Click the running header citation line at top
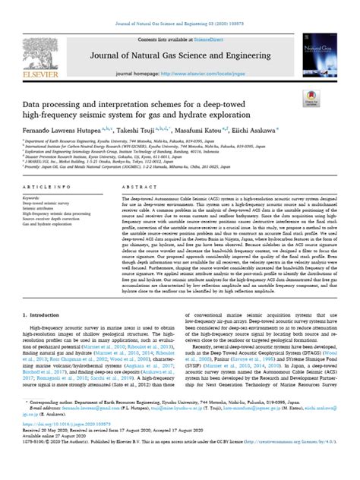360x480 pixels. coord(180,8)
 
